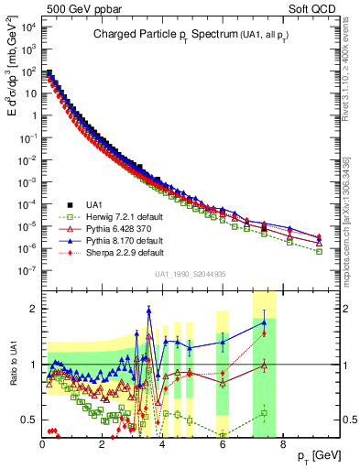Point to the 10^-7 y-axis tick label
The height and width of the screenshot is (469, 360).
pyautogui.click(x=27, y=270)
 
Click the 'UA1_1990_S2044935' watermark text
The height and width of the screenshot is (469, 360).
pyautogui.click(x=191, y=275)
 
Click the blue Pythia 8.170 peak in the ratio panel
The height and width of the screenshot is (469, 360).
pyautogui.click(x=149, y=310)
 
